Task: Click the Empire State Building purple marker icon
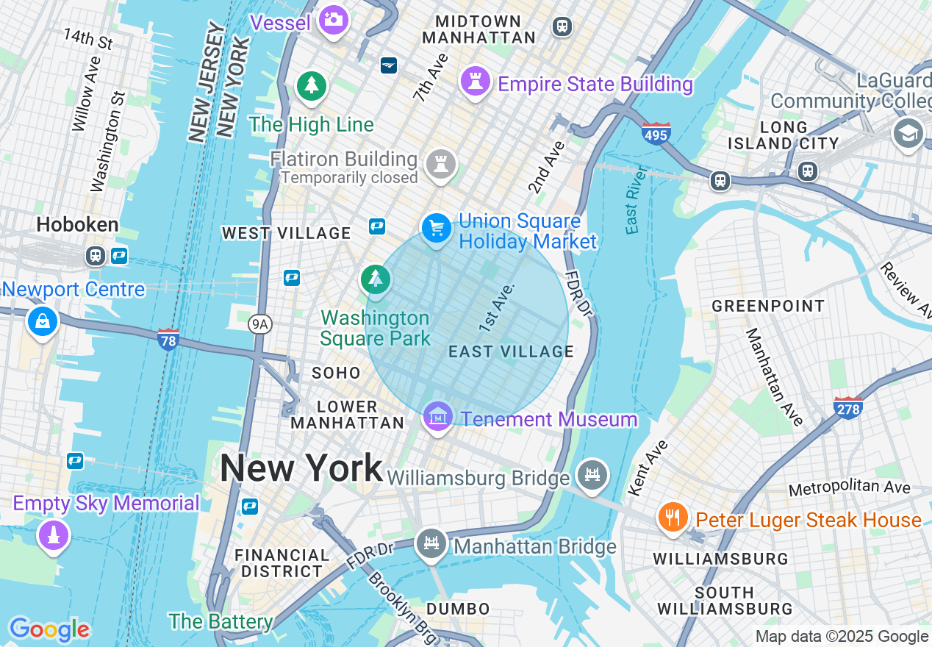pos(476,81)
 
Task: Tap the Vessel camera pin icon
pos(334,20)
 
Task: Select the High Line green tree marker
pos(312,86)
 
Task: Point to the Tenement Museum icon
pos(438,417)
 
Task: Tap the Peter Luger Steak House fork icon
pos(672,517)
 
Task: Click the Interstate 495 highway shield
pos(655,134)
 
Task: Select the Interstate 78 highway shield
pos(168,339)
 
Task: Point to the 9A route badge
pos(259,323)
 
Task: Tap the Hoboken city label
pos(78,224)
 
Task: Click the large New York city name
pos(301,468)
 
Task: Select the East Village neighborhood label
pos(512,351)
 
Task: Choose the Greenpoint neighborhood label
pos(768,305)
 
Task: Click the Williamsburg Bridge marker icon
pos(592,474)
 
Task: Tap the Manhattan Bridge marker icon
pos(431,544)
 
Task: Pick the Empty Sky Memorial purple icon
pos(53,535)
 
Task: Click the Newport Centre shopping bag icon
pos(43,321)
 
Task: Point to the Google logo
pos(49,629)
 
